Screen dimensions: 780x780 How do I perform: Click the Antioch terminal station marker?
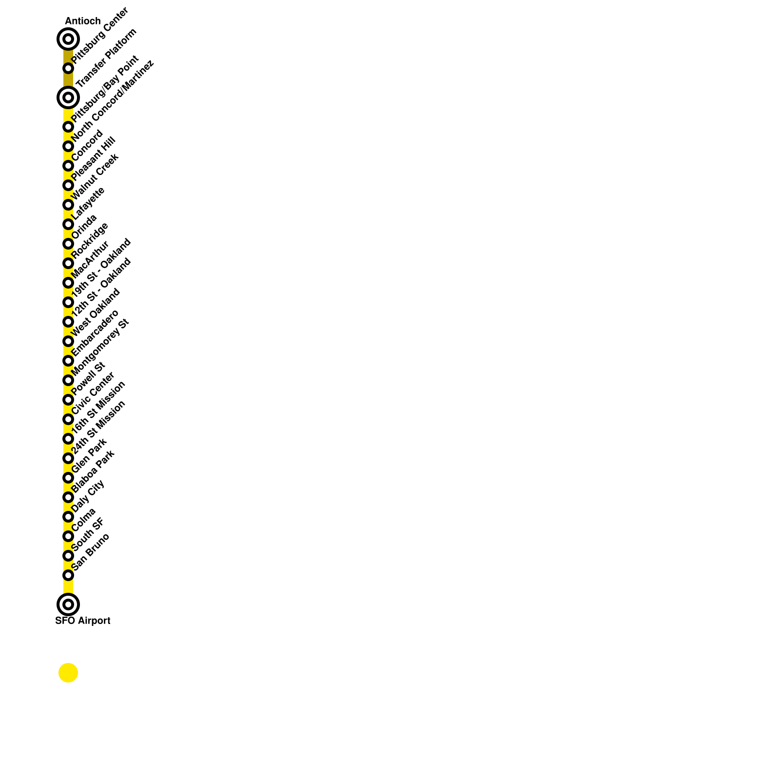coord(68,39)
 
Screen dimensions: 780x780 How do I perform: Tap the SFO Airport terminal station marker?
coord(68,604)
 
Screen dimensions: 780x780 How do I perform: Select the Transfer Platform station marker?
coord(68,97)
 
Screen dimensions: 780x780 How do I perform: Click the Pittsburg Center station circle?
coord(68,68)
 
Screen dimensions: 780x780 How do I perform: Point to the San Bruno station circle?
coord(68,575)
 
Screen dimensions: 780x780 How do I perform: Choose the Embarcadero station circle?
coord(68,361)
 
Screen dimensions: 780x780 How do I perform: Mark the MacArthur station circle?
coord(68,283)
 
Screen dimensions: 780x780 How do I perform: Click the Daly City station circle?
coord(68,517)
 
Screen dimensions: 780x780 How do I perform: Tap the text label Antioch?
coord(82,21)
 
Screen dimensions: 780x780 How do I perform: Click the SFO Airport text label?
coord(82,621)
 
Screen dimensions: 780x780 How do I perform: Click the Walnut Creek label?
coord(95,176)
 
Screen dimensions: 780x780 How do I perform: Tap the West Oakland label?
coord(96,312)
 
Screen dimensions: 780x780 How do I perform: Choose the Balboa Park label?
coord(93,471)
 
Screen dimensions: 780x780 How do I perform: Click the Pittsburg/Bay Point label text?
coord(105,89)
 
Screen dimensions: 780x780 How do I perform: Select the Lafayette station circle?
coord(68,224)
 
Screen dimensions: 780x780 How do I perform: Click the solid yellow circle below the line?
coord(68,673)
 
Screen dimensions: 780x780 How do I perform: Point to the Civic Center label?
coord(93,393)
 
